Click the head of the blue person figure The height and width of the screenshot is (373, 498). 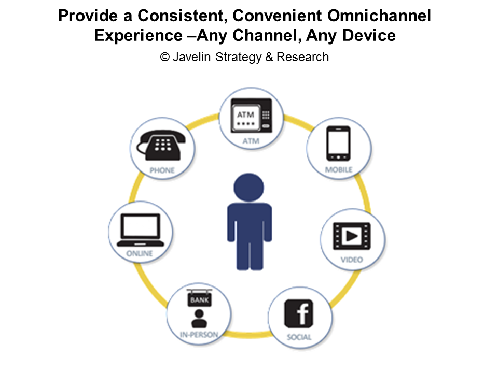coord(248,188)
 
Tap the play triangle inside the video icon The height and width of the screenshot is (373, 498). coord(352,236)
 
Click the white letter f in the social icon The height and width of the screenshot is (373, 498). coord(302,314)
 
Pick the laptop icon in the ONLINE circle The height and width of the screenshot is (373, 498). coord(141,230)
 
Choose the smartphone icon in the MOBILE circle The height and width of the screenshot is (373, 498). coord(339,144)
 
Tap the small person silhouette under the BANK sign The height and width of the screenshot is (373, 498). coord(199,319)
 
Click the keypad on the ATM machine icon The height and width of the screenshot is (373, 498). coord(266,115)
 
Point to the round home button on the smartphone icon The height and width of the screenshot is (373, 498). coord(339,157)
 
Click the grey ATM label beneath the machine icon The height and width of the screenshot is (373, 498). coord(251,141)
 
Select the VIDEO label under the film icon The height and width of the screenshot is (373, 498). coord(352,260)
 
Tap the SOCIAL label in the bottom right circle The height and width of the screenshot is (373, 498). coord(299,337)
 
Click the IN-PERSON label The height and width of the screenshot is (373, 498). coord(199,335)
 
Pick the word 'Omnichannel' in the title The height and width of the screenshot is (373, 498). coord(379,16)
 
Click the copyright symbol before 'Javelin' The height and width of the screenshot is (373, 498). coord(165,57)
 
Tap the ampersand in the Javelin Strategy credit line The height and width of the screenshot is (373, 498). coord(269,57)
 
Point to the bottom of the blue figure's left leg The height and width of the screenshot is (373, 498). coord(242,268)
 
